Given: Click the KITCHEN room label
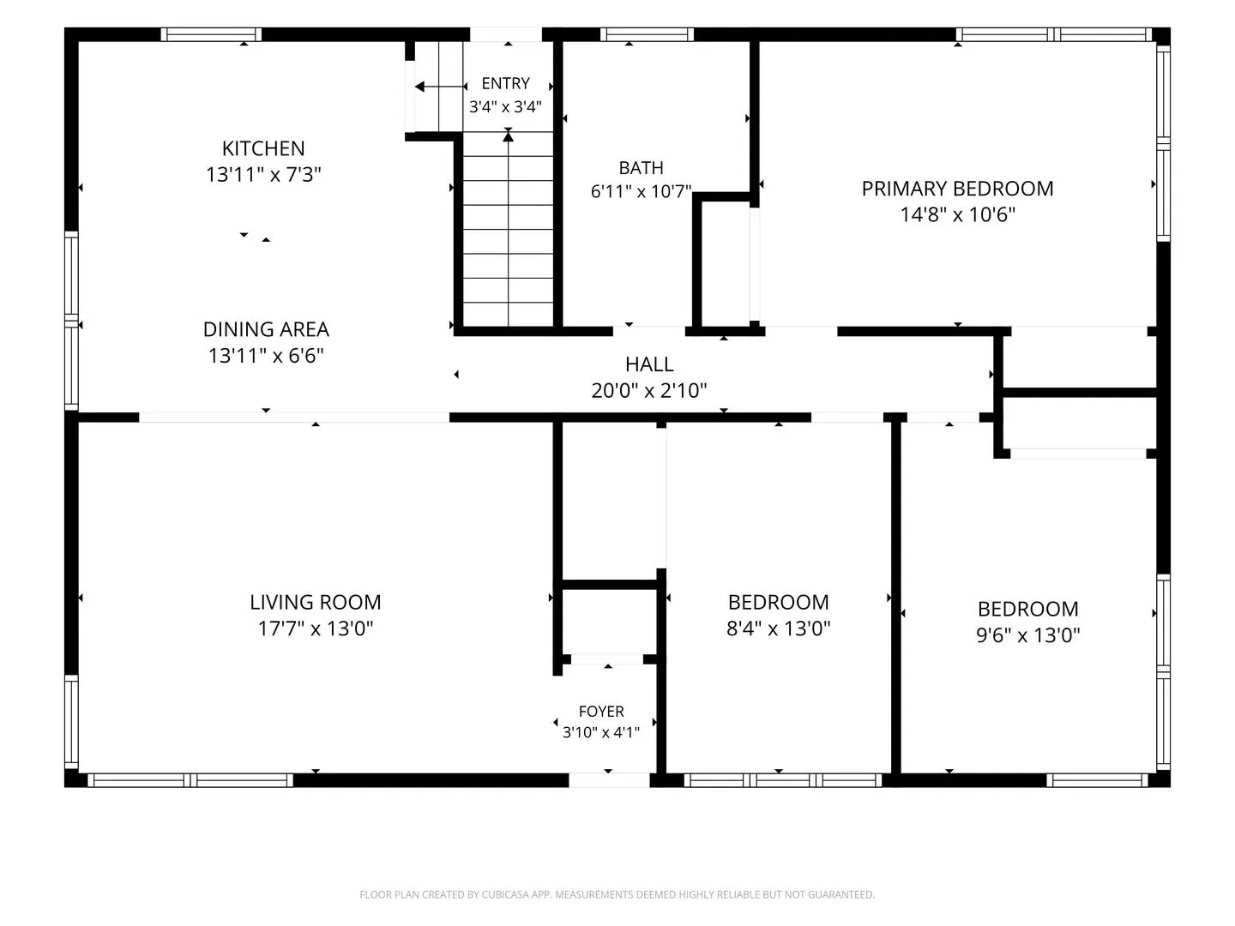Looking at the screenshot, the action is (x=263, y=148).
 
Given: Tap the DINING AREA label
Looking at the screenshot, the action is (x=266, y=329).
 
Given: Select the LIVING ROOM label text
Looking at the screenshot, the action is (x=315, y=602).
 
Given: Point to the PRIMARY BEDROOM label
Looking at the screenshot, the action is (x=957, y=189).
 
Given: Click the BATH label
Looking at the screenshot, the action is (x=641, y=167).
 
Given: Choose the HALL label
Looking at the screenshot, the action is (x=649, y=364).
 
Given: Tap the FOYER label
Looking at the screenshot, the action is (x=601, y=712).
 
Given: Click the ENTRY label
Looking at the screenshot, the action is (x=505, y=83).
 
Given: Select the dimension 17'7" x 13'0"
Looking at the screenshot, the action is (x=315, y=628).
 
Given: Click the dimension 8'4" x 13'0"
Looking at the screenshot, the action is (x=778, y=628).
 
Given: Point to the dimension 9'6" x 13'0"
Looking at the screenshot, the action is (x=1028, y=634).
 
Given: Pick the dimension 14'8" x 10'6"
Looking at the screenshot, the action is (x=958, y=214).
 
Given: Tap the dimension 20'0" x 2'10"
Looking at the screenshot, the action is (x=648, y=390).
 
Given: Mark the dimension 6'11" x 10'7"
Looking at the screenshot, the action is (x=641, y=191).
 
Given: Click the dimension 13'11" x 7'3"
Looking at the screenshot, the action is (x=263, y=174).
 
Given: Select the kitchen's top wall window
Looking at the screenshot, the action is (x=211, y=34).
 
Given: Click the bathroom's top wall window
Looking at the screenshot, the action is (x=647, y=34).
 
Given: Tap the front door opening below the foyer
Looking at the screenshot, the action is (x=609, y=780).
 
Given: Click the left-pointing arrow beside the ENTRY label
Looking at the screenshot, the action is (x=441, y=87).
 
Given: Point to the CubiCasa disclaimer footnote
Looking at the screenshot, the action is (x=617, y=894).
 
